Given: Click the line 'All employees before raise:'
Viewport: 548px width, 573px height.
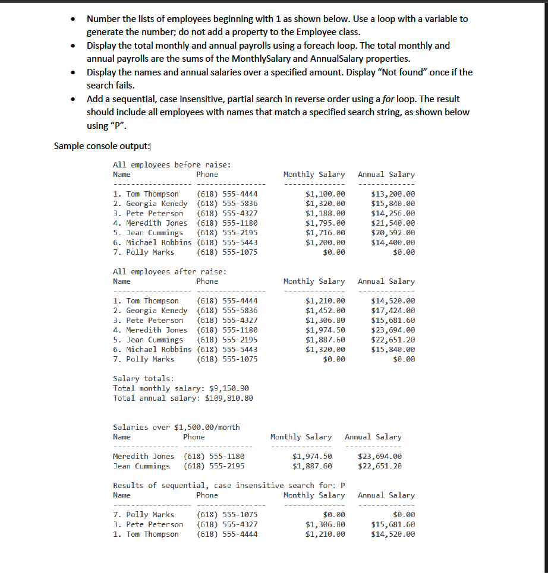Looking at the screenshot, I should point(172,165).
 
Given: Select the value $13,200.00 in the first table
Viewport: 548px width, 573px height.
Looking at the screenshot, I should point(392,194).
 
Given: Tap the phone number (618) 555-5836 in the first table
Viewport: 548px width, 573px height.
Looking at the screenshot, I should point(226,204).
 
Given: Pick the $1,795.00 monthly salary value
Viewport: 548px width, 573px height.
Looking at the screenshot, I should point(325,223).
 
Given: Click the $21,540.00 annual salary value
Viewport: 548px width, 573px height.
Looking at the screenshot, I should point(392,223).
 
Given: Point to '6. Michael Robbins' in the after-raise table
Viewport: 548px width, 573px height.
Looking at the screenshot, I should point(152,350).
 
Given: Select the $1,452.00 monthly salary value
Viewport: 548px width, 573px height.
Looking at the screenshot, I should point(325,311).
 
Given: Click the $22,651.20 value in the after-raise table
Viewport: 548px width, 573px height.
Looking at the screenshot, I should point(392,340).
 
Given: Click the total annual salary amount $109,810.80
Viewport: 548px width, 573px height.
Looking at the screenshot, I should point(229,398).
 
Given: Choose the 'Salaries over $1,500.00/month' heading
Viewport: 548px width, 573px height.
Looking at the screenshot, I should point(176,427).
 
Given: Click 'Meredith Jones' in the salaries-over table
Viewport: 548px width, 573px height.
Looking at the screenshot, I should point(143,456).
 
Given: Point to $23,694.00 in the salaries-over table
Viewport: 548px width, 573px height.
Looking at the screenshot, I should point(379,456).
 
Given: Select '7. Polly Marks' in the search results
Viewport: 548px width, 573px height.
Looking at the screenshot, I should point(143,515).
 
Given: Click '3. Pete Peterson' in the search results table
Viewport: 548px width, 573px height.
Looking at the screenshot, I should point(148,524).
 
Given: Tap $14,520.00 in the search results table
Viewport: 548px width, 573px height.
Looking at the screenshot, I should point(392,534).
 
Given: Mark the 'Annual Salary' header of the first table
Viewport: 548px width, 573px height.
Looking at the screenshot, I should point(386,175).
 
